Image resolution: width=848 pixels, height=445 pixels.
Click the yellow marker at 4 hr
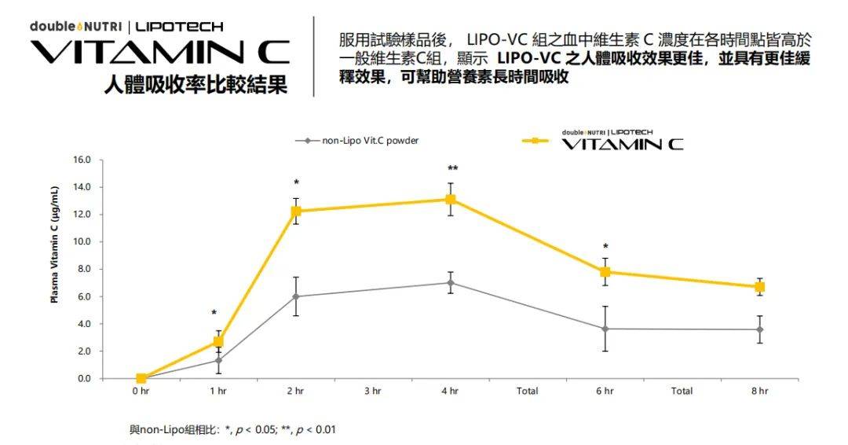pyautogui.click(x=451, y=199)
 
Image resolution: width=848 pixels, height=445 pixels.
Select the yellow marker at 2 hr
pyautogui.click(x=296, y=211)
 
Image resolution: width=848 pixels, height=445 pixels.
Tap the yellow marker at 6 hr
pyautogui.click(x=605, y=272)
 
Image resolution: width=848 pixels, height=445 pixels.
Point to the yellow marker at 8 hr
pyautogui.click(x=760, y=287)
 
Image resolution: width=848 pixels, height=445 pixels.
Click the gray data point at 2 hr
pyautogui.click(x=296, y=296)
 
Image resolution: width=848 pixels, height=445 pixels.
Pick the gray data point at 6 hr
pyautogui.click(x=605, y=329)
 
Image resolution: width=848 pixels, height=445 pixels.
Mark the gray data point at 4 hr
pyautogui.click(x=451, y=282)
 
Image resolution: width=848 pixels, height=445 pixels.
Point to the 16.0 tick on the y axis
pyautogui.click(x=82, y=160)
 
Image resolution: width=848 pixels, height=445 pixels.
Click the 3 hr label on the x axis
pyautogui.click(x=373, y=391)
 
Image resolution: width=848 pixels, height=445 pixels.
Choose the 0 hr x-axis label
pyautogui.click(x=141, y=391)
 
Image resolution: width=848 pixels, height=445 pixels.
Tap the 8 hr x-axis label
pyautogui.click(x=760, y=391)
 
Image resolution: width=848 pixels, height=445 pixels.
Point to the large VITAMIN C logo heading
pyautogui.click(x=159, y=53)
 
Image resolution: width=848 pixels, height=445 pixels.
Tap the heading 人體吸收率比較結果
pyautogui.click(x=196, y=85)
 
